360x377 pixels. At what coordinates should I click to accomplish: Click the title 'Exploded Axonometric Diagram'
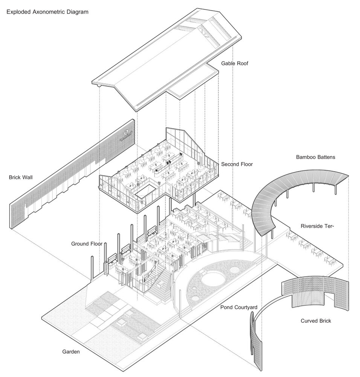[47, 12]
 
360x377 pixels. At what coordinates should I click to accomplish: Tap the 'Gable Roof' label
[235, 63]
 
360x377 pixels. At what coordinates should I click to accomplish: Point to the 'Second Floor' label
[237, 164]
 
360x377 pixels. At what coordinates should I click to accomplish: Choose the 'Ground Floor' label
[87, 244]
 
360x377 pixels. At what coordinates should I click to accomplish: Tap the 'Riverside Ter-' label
[317, 226]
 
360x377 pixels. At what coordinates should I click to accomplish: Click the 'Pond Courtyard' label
[239, 307]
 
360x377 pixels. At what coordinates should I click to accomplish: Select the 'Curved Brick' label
[316, 321]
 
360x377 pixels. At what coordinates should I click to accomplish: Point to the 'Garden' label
[71, 352]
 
